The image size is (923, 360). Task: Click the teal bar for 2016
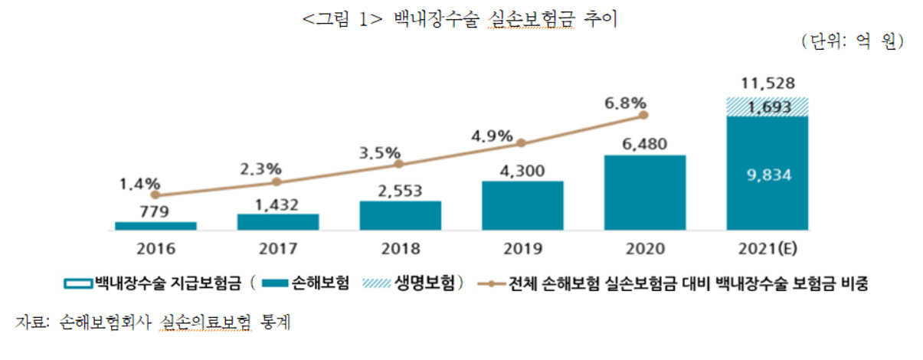155,226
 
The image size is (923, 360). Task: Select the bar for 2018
400,215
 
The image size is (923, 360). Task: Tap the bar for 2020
645,192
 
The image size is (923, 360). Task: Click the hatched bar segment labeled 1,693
768,107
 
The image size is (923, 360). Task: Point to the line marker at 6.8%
643,116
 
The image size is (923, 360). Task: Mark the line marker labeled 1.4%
155,195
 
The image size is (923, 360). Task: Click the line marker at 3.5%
399,164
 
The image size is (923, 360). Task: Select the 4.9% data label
492,136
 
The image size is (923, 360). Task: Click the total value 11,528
768,83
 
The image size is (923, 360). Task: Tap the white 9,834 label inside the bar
769,175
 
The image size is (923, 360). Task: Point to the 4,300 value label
522,171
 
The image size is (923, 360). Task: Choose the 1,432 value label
277,205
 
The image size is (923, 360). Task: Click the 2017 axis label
278,249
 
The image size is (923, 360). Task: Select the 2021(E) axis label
768,249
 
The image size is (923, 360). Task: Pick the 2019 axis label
523,249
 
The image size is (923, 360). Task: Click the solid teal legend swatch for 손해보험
275,283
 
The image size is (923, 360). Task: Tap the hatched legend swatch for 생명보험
377,283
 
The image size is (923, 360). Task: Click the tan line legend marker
491,284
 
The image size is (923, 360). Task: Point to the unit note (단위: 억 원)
853,42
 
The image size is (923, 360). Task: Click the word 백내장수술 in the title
437,19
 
